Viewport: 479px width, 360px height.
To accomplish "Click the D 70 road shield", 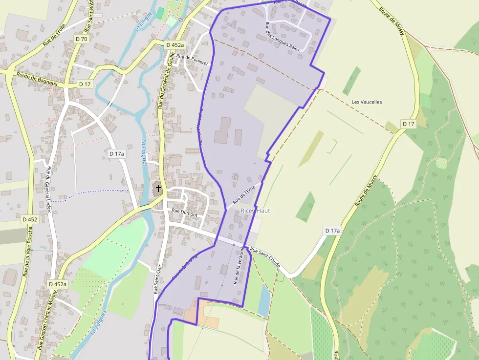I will click(x=82, y=39).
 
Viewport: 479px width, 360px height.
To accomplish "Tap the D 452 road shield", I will click(x=30, y=220).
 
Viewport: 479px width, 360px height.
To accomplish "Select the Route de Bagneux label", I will click(x=37, y=79).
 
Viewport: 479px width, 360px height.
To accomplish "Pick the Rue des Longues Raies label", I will click(x=282, y=37).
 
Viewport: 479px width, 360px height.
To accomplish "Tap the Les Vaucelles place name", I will click(x=367, y=102).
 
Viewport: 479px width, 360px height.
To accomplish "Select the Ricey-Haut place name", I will click(x=255, y=211).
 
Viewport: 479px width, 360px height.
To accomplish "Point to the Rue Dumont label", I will click(x=184, y=214).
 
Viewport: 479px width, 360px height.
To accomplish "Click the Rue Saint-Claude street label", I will click(x=265, y=257).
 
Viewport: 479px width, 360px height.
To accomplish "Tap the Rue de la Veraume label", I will click(x=239, y=265).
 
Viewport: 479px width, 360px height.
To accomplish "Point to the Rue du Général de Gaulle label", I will click(x=166, y=81).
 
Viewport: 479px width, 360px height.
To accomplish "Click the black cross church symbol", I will click(x=158, y=189).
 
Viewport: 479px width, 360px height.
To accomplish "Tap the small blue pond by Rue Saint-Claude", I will click(x=263, y=300).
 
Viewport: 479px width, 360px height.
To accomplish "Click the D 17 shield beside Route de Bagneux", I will click(x=85, y=84).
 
